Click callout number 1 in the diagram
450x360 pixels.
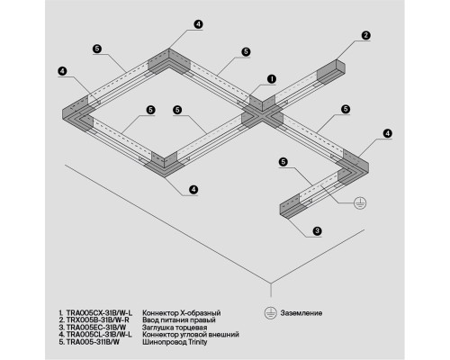point(272,79)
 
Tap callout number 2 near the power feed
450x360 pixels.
point(365,35)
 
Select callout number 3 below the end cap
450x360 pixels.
point(317,231)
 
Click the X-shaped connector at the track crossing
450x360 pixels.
point(263,112)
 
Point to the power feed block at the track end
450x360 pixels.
point(331,72)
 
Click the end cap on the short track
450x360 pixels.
point(290,207)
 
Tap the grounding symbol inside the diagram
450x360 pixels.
point(360,203)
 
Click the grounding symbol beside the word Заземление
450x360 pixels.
point(270,313)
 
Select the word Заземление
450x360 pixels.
point(301,313)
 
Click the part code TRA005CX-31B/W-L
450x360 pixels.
point(99,313)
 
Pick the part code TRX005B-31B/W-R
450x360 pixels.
point(97,320)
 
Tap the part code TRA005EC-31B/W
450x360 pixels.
point(96,328)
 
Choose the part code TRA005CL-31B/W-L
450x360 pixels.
point(99,334)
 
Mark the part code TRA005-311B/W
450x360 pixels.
point(93,342)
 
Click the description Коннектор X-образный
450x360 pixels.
point(182,313)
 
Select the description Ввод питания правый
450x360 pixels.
point(179,320)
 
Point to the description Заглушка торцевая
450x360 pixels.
point(175,328)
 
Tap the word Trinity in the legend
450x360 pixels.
point(198,342)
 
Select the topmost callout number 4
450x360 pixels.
point(198,24)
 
